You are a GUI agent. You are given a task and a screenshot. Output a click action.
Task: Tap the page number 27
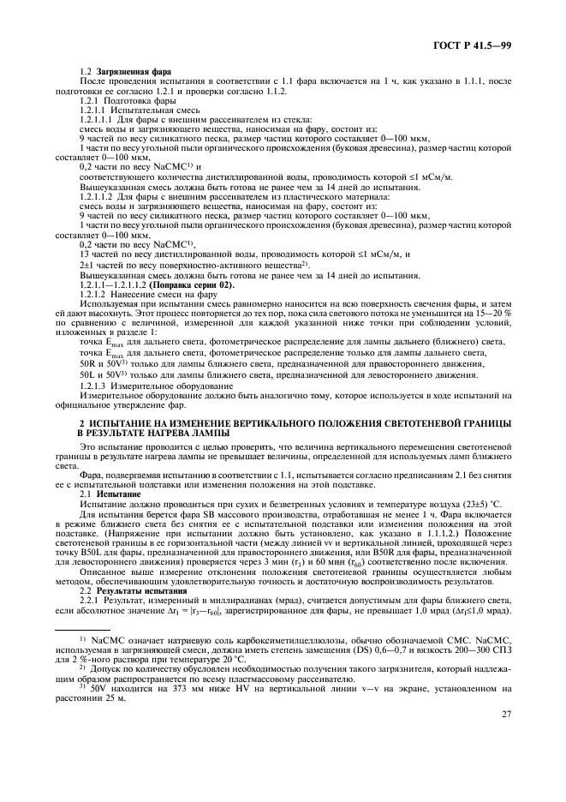505,738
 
